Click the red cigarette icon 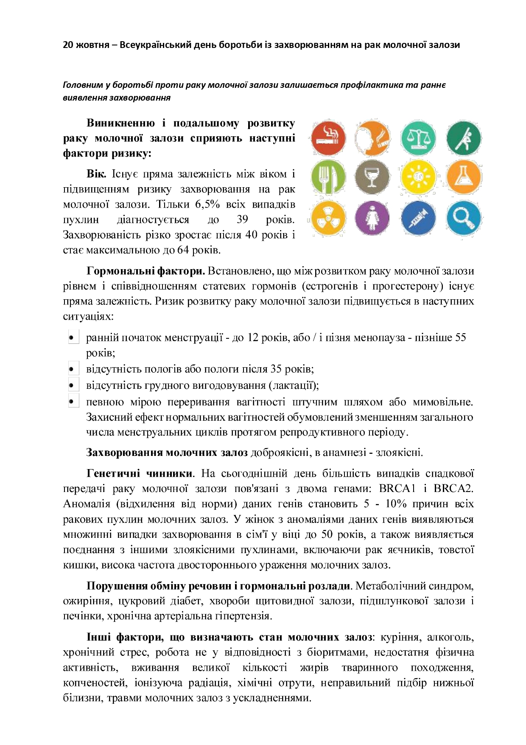pyautogui.click(x=328, y=138)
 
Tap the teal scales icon pyautogui.click(x=418, y=138)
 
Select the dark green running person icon pyautogui.click(x=464, y=138)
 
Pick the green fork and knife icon pyautogui.click(x=328, y=177)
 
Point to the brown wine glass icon pyautogui.click(x=372, y=177)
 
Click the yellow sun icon pyautogui.click(x=418, y=177)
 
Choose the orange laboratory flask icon pyautogui.click(x=464, y=177)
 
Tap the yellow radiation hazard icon pyautogui.click(x=328, y=218)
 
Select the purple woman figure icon pyautogui.click(x=372, y=218)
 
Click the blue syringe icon pyautogui.click(x=418, y=218)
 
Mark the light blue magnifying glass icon pyautogui.click(x=464, y=218)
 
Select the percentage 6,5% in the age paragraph pyautogui.click(x=207, y=205)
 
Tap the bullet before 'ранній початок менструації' pyautogui.click(x=72, y=338)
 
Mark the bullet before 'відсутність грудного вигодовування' pyautogui.click(x=72, y=385)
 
